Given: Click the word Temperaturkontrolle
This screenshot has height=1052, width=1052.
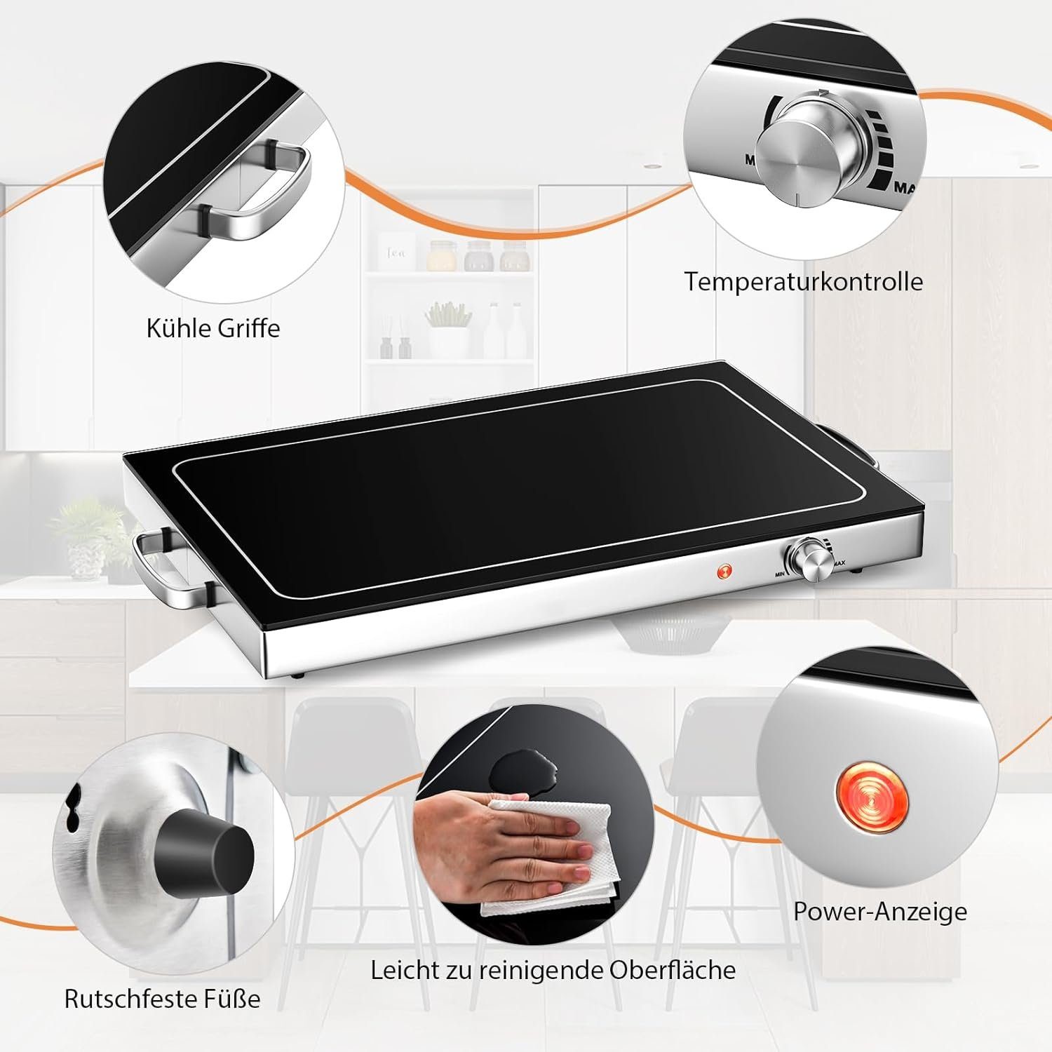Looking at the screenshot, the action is [803, 281].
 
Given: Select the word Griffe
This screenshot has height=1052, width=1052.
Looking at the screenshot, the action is [248, 328].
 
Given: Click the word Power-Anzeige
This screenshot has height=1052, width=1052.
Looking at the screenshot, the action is [880, 912].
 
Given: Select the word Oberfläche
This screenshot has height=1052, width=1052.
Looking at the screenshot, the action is [673, 970].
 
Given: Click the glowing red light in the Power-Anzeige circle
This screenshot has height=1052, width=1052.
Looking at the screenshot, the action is [872, 797].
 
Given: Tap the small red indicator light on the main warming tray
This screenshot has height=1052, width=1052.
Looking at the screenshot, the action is [723, 571].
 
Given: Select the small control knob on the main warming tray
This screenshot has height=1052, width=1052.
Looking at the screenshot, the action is [810, 558].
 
